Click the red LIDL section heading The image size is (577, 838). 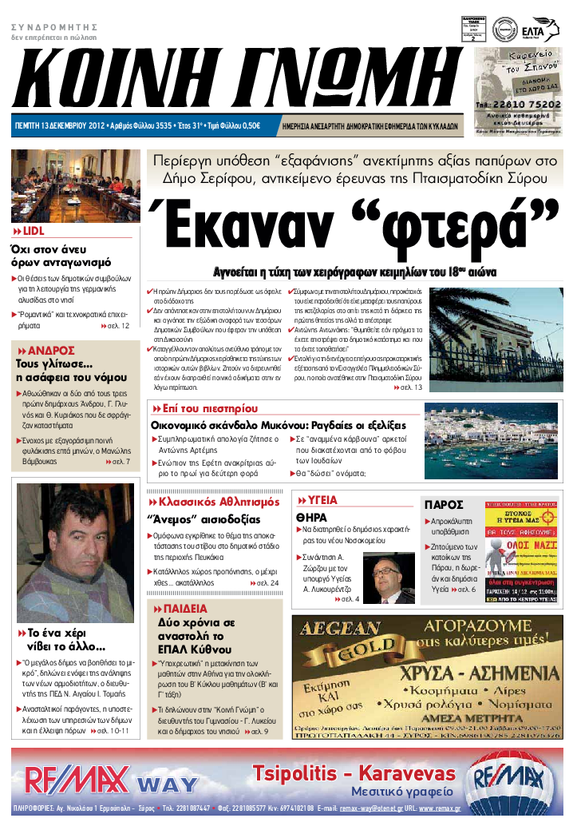[x=33, y=231]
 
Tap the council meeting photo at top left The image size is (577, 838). [x=75, y=185]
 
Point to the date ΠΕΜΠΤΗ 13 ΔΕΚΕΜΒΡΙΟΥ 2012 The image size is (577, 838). [x=61, y=125]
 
